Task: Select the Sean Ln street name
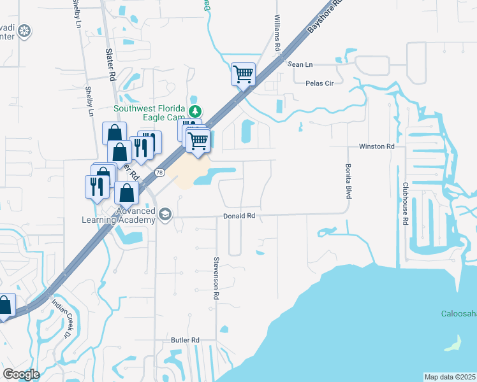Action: [300, 64]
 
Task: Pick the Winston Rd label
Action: [377, 146]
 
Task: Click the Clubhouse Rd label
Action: [405, 204]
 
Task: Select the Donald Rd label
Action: [239, 216]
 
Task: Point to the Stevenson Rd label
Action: [217, 278]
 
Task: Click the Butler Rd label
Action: [186, 340]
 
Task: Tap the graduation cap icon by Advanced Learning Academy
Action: [166, 215]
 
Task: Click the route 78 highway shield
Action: [159, 173]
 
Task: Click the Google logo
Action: [21, 374]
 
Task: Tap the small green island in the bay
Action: [452, 344]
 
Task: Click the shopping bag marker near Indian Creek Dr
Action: [4, 306]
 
